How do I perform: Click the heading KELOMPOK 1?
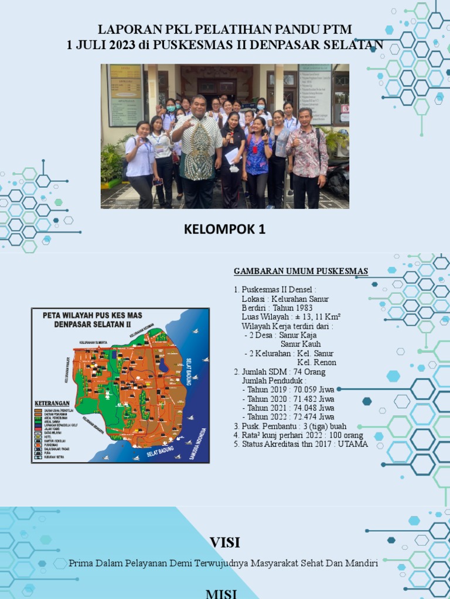click(x=224, y=230)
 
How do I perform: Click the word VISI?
click(x=225, y=542)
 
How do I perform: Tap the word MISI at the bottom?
click(x=221, y=594)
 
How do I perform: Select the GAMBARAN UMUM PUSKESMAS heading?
click(x=301, y=271)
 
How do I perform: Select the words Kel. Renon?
click(x=317, y=363)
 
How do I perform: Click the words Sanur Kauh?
click(x=301, y=344)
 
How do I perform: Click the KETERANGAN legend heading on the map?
click(x=52, y=403)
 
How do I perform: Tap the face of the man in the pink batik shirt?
click(x=305, y=116)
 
